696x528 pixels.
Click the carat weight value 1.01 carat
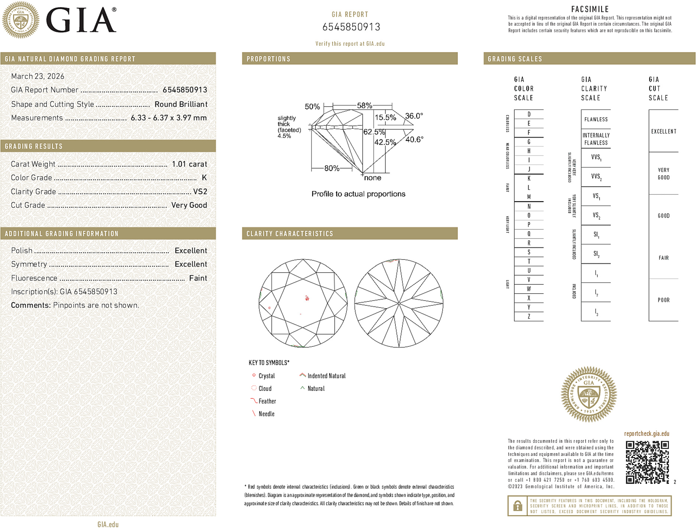click(x=189, y=164)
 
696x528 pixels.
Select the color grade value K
click(x=204, y=178)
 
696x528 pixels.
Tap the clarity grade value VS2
click(x=200, y=192)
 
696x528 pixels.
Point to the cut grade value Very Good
click(x=189, y=205)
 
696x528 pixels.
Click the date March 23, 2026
click(x=38, y=76)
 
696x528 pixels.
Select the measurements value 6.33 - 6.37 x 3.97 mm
click(x=168, y=118)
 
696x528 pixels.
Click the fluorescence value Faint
click(x=198, y=278)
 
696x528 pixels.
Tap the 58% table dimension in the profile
click(x=364, y=105)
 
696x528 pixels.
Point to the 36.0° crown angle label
click(x=414, y=116)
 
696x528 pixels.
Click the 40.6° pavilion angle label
click(x=414, y=140)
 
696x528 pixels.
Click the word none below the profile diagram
click(x=372, y=178)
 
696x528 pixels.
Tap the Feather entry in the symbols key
click(x=267, y=401)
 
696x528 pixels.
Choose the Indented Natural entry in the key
click(x=326, y=376)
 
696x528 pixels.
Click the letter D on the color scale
click(x=529, y=114)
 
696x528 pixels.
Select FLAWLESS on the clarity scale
click(x=596, y=120)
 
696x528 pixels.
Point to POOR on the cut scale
click(x=663, y=300)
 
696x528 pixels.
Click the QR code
click(x=647, y=462)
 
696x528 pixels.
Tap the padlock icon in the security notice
click(x=517, y=506)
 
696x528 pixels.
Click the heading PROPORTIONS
click(x=268, y=59)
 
